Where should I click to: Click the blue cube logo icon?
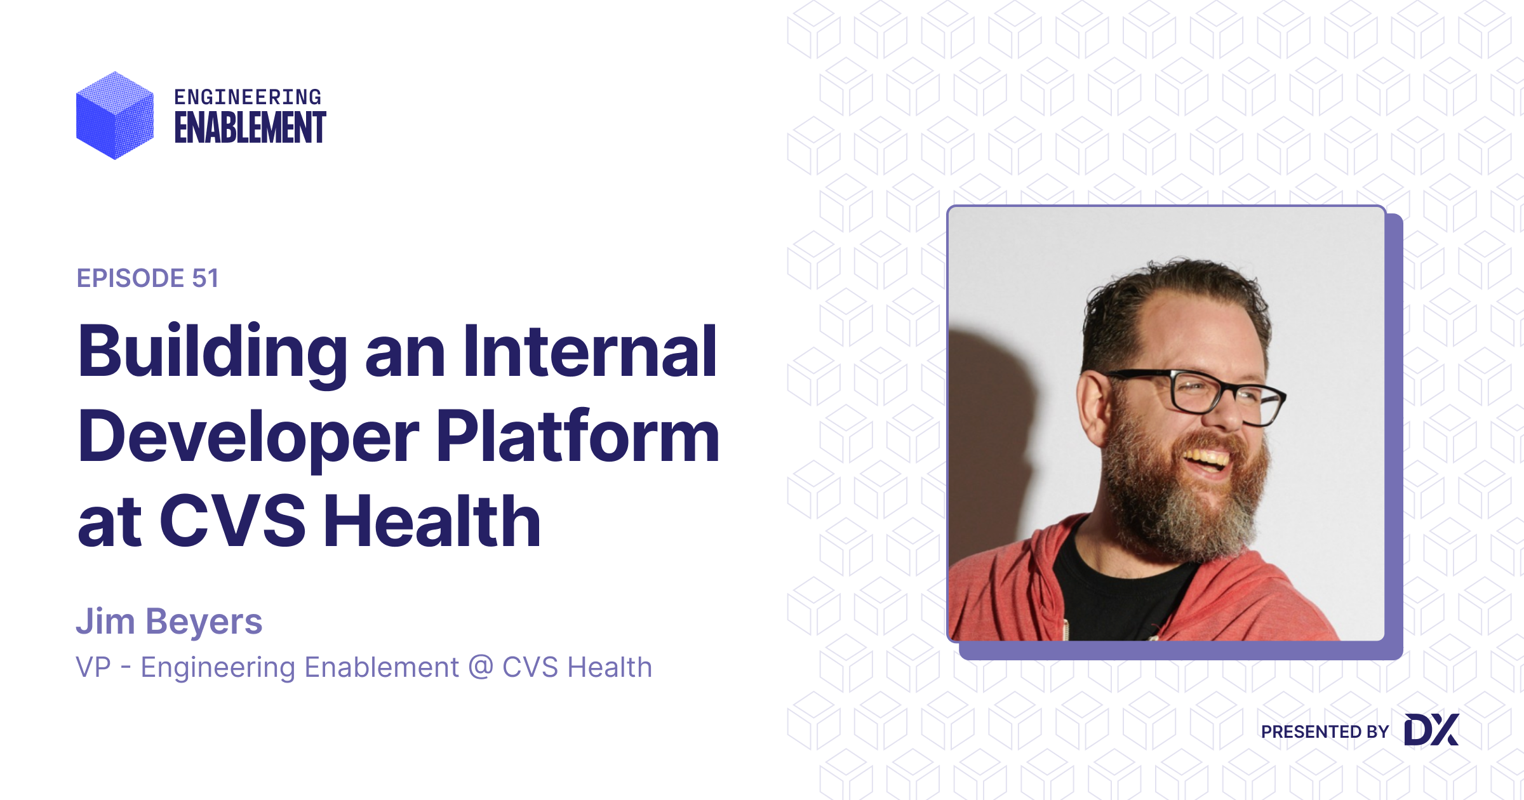tap(115, 116)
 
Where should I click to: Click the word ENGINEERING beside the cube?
tap(248, 97)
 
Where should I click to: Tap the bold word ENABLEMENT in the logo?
tap(250, 128)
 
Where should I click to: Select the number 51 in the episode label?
tap(205, 278)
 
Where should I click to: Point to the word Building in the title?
tap(212, 353)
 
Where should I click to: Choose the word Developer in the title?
tap(248, 438)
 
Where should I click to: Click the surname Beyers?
tap(204, 621)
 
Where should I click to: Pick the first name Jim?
tap(105, 621)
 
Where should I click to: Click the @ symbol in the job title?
tap(481, 667)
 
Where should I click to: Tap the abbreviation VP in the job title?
tap(93, 667)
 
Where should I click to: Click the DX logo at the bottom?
tap(1431, 730)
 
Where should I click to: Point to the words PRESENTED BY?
tap(1325, 731)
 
